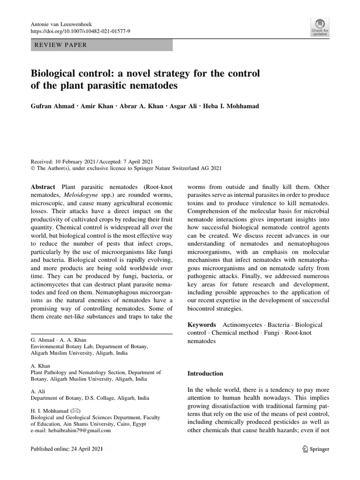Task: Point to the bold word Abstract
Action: (43, 187)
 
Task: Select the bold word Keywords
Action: (202, 324)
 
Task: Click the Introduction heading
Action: (205, 374)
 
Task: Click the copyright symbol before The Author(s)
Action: (33, 168)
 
